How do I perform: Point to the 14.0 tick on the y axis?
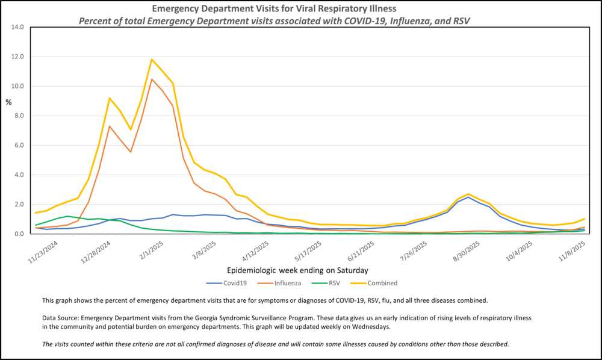click(x=17, y=27)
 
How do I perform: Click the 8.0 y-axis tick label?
click(x=17, y=116)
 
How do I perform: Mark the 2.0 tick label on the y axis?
click(x=17, y=204)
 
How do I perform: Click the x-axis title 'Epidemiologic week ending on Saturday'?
click(x=298, y=270)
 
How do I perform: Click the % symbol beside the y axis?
click(x=8, y=102)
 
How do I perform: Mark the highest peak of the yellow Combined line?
click(x=152, y=59)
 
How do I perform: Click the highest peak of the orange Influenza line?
click(x=152, y=79)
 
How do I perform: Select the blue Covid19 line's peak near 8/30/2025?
click(x=468, y=197)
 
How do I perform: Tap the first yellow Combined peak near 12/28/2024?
click(x=109, y=98)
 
